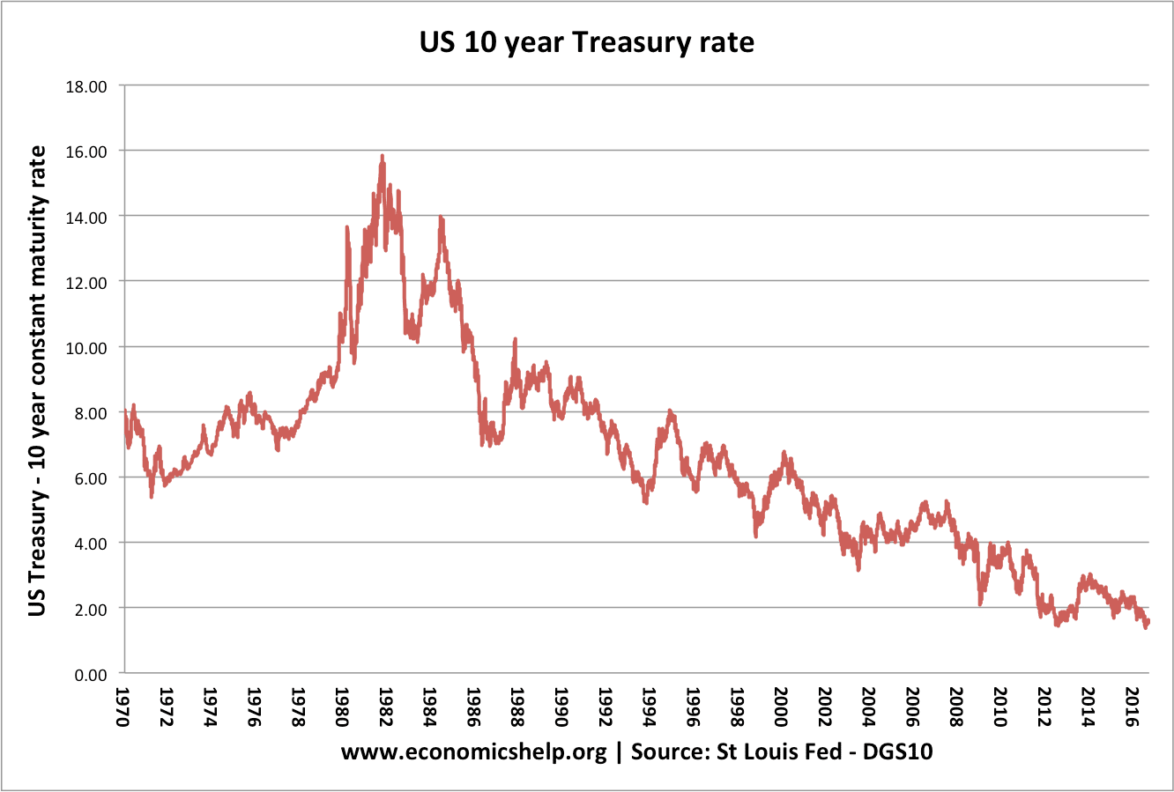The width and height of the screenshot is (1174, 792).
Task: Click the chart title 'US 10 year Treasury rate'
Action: [587, 41]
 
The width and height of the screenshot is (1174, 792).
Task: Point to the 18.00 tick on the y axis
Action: [85, 86]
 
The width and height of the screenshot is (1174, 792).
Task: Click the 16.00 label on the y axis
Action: [85, 152]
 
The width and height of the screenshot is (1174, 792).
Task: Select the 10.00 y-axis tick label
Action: [85, 347]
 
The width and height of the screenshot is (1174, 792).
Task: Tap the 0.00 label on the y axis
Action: [89, 674]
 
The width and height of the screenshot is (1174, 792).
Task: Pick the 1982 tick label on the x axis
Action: [384, 707]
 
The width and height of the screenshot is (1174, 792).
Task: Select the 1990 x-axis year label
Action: [560, 707]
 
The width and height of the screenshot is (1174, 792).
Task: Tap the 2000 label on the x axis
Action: [779, 707]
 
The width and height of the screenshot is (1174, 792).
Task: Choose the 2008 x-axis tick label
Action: [955, 707]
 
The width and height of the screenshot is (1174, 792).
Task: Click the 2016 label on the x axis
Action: [1130, 707]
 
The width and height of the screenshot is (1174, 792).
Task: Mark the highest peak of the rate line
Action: [382, 156]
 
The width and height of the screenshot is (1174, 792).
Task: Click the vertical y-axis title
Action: [38, 381]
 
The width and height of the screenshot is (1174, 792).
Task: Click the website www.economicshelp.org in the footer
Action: [473, 752]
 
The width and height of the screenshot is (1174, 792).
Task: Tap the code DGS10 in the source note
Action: [897, 752]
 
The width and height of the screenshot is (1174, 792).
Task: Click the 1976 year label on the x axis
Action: [253, 707]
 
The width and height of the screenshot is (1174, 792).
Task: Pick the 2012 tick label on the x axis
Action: [1043, 707]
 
